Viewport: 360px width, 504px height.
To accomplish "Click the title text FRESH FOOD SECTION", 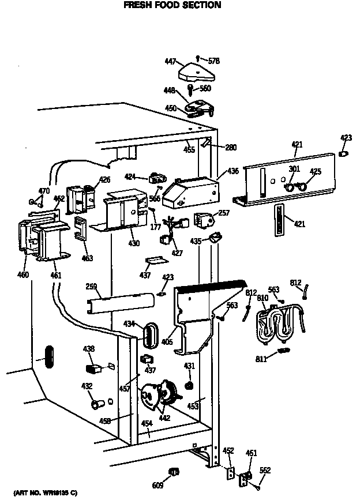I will pos(172,5).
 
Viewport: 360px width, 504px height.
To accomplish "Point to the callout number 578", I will pos(214,61).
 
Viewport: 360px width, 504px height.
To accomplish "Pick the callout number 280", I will pos(230,148).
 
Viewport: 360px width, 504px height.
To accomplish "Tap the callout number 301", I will pos(294,169).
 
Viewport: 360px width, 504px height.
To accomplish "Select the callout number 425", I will pos(316,171).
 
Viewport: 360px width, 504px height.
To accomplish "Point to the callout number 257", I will pos(223,213).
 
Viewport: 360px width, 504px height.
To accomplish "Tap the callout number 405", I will pos(167,342).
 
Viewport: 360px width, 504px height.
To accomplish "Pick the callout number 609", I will pos(157,486).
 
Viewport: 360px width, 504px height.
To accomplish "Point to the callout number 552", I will pos(265,470).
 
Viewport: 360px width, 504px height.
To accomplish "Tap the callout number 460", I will pos(23,274).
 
